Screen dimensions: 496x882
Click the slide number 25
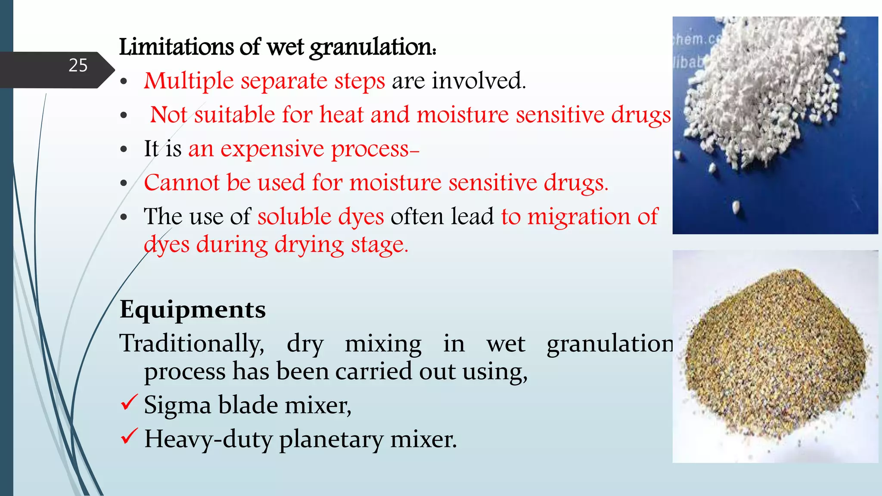(78, 65)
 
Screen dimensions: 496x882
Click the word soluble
(294, 216)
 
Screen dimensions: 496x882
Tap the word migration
(579, 217)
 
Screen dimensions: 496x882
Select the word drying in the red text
(309, 245)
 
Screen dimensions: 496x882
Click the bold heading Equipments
(193, 310)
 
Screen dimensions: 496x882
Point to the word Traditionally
(192, 344)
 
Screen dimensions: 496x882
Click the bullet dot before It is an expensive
(124, 149)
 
